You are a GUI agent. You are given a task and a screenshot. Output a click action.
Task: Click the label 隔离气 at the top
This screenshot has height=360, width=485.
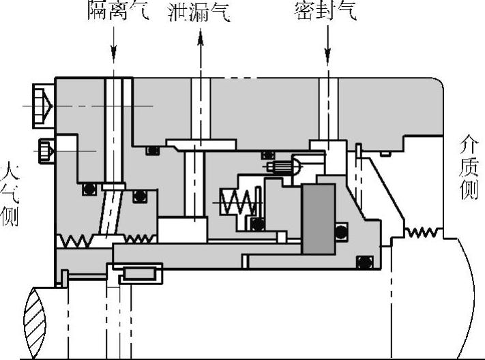point(117,11)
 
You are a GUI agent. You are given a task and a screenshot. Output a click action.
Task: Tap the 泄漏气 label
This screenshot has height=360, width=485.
point(199,11)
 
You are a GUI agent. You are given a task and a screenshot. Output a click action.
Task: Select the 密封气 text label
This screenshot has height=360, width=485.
point(325,11)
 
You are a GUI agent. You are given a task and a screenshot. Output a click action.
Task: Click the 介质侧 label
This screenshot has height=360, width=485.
point(469,167)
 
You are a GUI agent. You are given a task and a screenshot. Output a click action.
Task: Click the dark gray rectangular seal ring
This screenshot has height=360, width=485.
point(317,218)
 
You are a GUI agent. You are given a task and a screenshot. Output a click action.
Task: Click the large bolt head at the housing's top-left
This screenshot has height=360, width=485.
point(42,106)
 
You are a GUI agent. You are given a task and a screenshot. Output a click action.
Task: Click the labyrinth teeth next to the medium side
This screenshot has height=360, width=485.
point(422,232)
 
